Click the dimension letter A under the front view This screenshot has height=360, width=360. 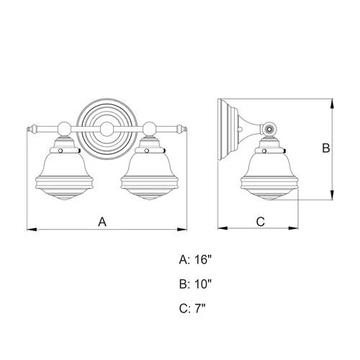pyautogui.click(x=102, y=222)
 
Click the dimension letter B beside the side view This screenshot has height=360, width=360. pyautogui.click(x=325, y=149)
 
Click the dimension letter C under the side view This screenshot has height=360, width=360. pyautogui.click(x=261, y=222)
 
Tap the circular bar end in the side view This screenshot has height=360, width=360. pyautogui.click(x=270, y=130)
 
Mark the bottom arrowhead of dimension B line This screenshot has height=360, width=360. pyautogui.click(x=333, y=197)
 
